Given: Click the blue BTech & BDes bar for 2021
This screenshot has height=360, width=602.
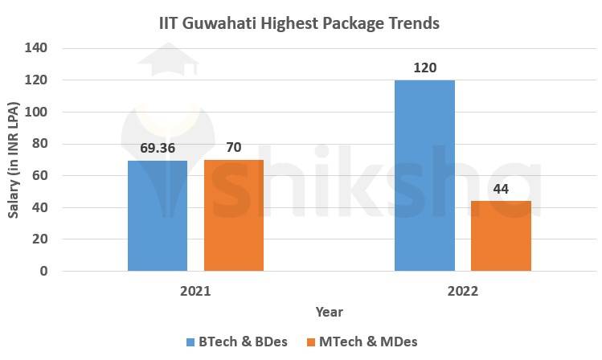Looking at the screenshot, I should [158, 215].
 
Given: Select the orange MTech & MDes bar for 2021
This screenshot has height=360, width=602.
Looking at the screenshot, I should [233, 215].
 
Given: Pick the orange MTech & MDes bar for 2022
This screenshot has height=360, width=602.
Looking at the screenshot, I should [501, 235].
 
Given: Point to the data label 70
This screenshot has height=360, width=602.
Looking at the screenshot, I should [233, 148].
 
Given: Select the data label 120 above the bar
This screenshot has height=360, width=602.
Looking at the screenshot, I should [424, 67].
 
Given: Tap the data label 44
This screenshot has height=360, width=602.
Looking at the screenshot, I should [501, 188].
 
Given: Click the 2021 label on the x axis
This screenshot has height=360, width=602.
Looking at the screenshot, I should [195, 291].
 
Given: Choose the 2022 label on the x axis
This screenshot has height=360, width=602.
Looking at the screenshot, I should [462, 291].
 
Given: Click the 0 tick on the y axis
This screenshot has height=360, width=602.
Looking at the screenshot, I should [43, 272].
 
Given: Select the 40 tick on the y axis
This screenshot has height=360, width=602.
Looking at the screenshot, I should [39, 207].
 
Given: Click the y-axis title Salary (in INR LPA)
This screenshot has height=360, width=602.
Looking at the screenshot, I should [14, 158].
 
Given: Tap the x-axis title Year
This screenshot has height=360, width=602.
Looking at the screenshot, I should [329, 312].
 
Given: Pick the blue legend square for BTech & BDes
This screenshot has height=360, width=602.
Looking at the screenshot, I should [190, 342].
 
